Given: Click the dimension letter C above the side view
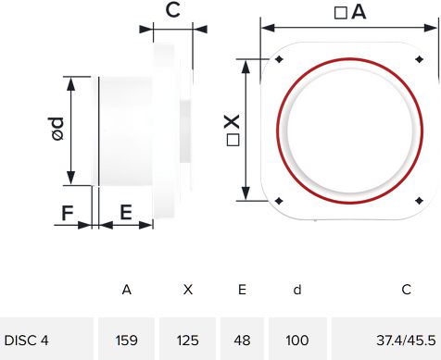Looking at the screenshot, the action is (172, 10).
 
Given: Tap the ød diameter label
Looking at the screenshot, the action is (57, 129).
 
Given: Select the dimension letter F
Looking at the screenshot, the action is (68, 213).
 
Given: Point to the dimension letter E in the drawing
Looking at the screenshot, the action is (126, 212).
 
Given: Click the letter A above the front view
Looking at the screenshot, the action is (359, 12).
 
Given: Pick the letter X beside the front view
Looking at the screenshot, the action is (232, 121).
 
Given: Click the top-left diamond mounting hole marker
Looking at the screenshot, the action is (279, 59).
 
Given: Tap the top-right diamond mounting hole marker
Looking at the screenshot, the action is (419, 59).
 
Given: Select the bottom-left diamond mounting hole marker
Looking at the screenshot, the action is (279, 201).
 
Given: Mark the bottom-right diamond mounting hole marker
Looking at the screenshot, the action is (419, 201).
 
